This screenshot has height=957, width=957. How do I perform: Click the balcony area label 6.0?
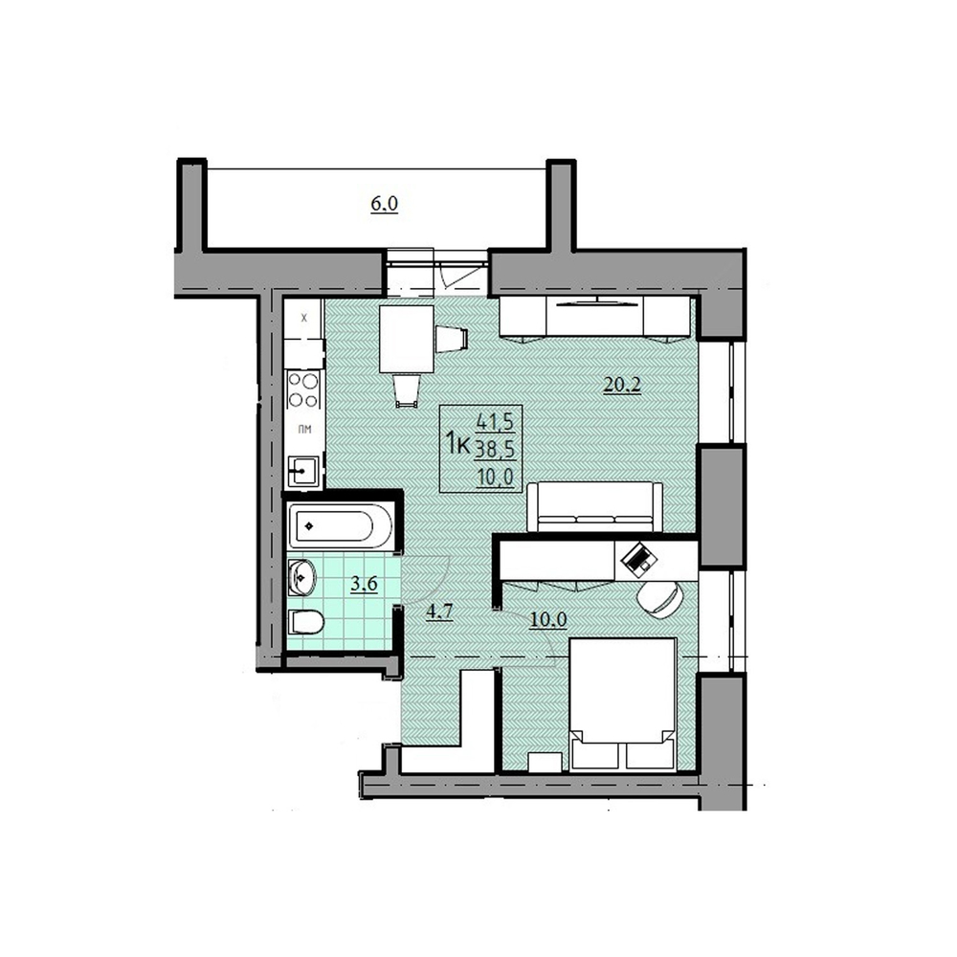[x=384, y=203]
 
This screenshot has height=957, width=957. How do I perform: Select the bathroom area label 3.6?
[x=363, y=585]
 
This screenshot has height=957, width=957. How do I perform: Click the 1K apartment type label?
[x=456, y=444]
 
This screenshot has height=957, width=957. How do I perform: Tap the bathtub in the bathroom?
[x=341, y=525]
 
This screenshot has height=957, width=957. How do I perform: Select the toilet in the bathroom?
[x=306, y=623]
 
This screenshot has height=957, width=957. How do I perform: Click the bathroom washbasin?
[x=301, y=576]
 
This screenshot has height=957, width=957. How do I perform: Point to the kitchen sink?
[x=304, y=470]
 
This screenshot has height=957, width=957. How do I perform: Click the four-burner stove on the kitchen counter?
[x=305, y=390]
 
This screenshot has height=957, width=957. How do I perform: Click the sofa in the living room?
[x=594, y=506]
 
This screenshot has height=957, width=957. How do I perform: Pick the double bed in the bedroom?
[x=623, y=703]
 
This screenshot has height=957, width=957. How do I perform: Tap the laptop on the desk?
[x=637, y=556]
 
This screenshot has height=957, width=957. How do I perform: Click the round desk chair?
[x=659, y=597]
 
